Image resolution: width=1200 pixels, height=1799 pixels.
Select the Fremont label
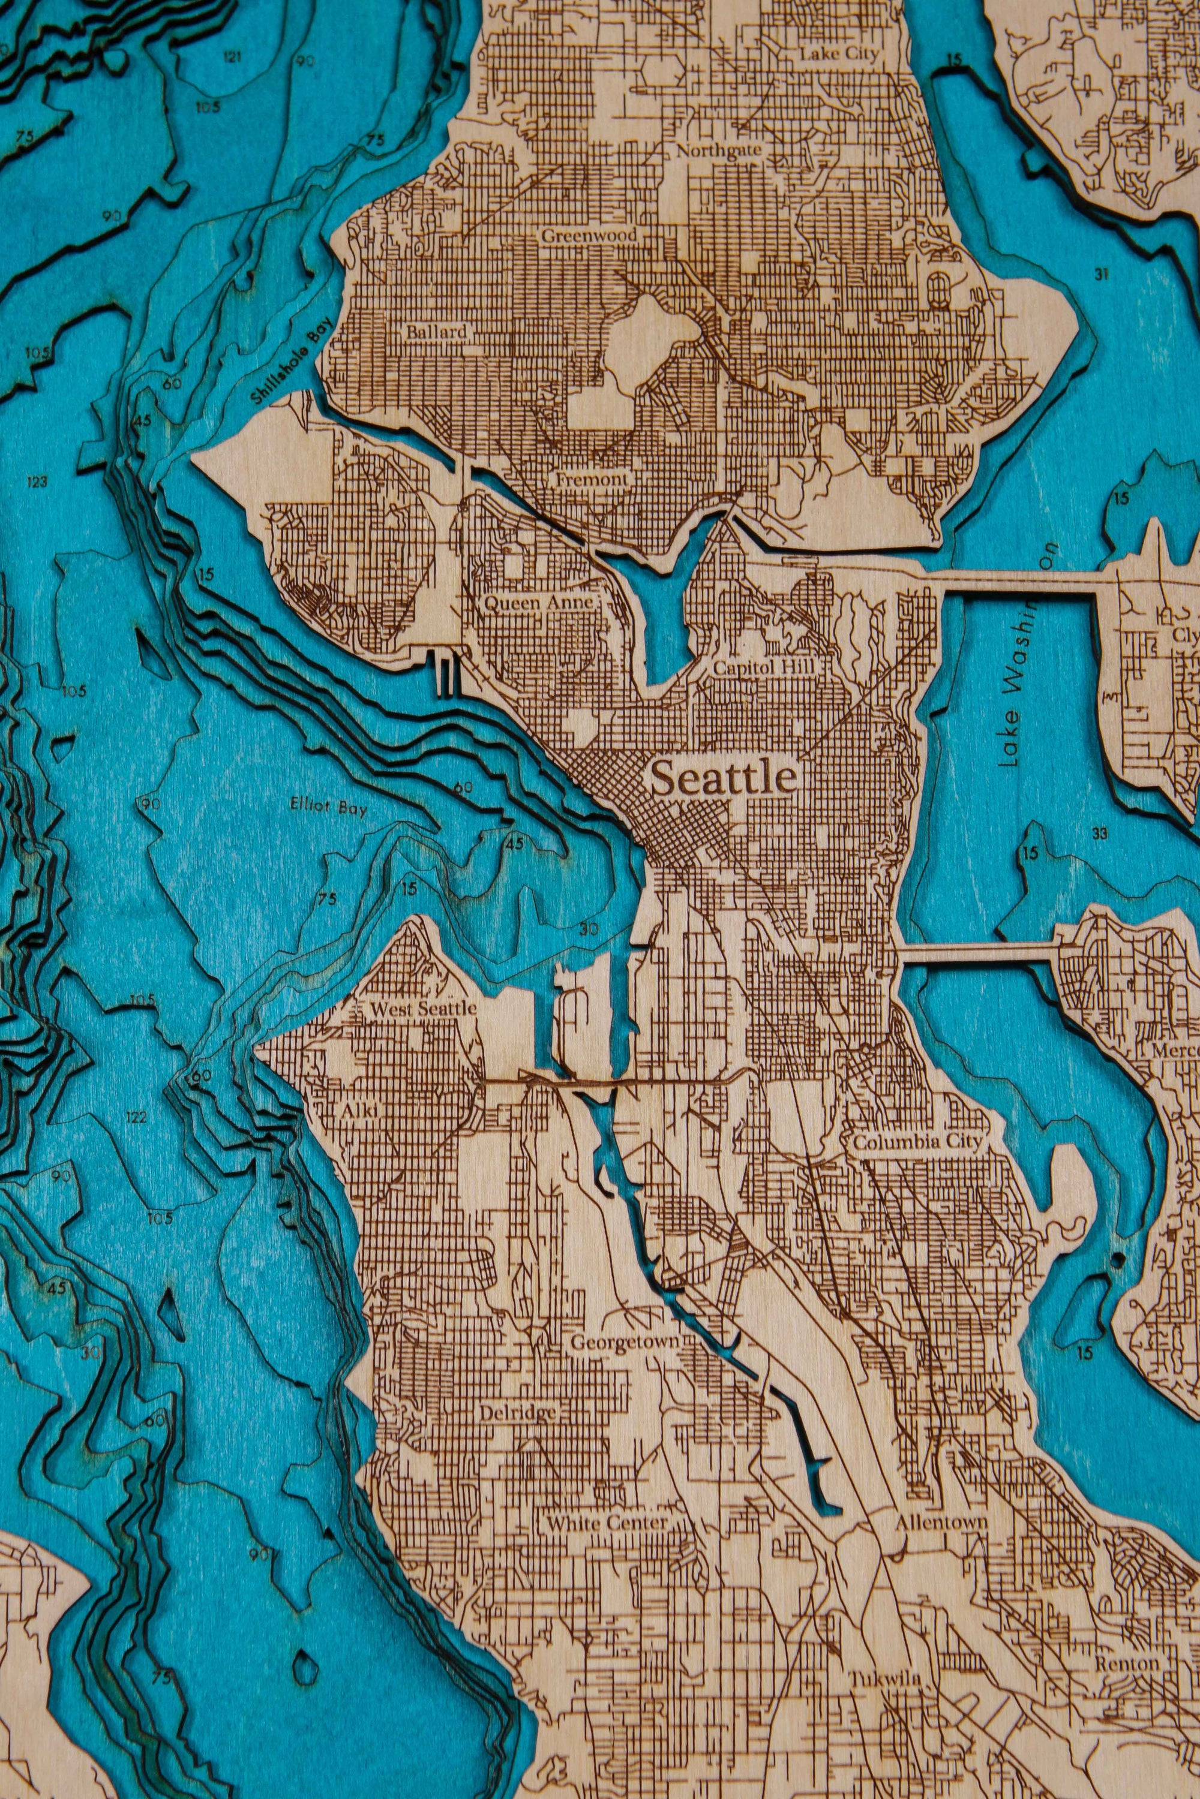(592, 480)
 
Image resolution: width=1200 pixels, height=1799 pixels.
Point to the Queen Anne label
(539, 603)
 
